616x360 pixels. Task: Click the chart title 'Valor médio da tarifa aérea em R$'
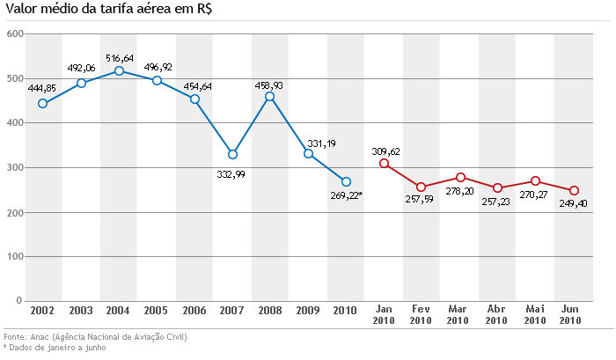pyautogui.click(x=113, y=11)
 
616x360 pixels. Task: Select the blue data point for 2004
pyautogui.click(x=119, y=70)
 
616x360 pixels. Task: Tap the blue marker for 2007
pyautogui.click(x=232, y=154)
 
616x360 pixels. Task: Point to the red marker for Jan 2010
pyautogui.click(x=384, y=164)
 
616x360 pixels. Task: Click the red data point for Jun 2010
pyautogui.click(x=573, y=190)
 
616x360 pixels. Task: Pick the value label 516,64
pyautogui.click(x=119, y=58)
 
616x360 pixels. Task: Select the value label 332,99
pyautogui.click(x=232, y=173)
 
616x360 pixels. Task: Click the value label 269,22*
pyautogui.click(x=346, y=196)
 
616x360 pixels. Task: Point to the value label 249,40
pyautogui.click(x=573, y=204)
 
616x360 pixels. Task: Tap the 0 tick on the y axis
pyautogui.click(x=18, y=301)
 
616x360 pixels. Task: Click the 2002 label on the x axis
pyautogui.click(x=42, y=311)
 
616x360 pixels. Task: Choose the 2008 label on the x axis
pyautogui.click(x=269, y=311)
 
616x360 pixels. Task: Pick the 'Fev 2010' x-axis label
pyautogui.click(x=421, y=315)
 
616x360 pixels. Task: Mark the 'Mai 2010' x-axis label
pyautogui.click(x=534, y=315)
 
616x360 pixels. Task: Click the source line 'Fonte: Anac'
pyautogui.click(x=95, y=337)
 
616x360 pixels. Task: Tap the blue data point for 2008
pyautogui.click(x=270, y=97)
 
